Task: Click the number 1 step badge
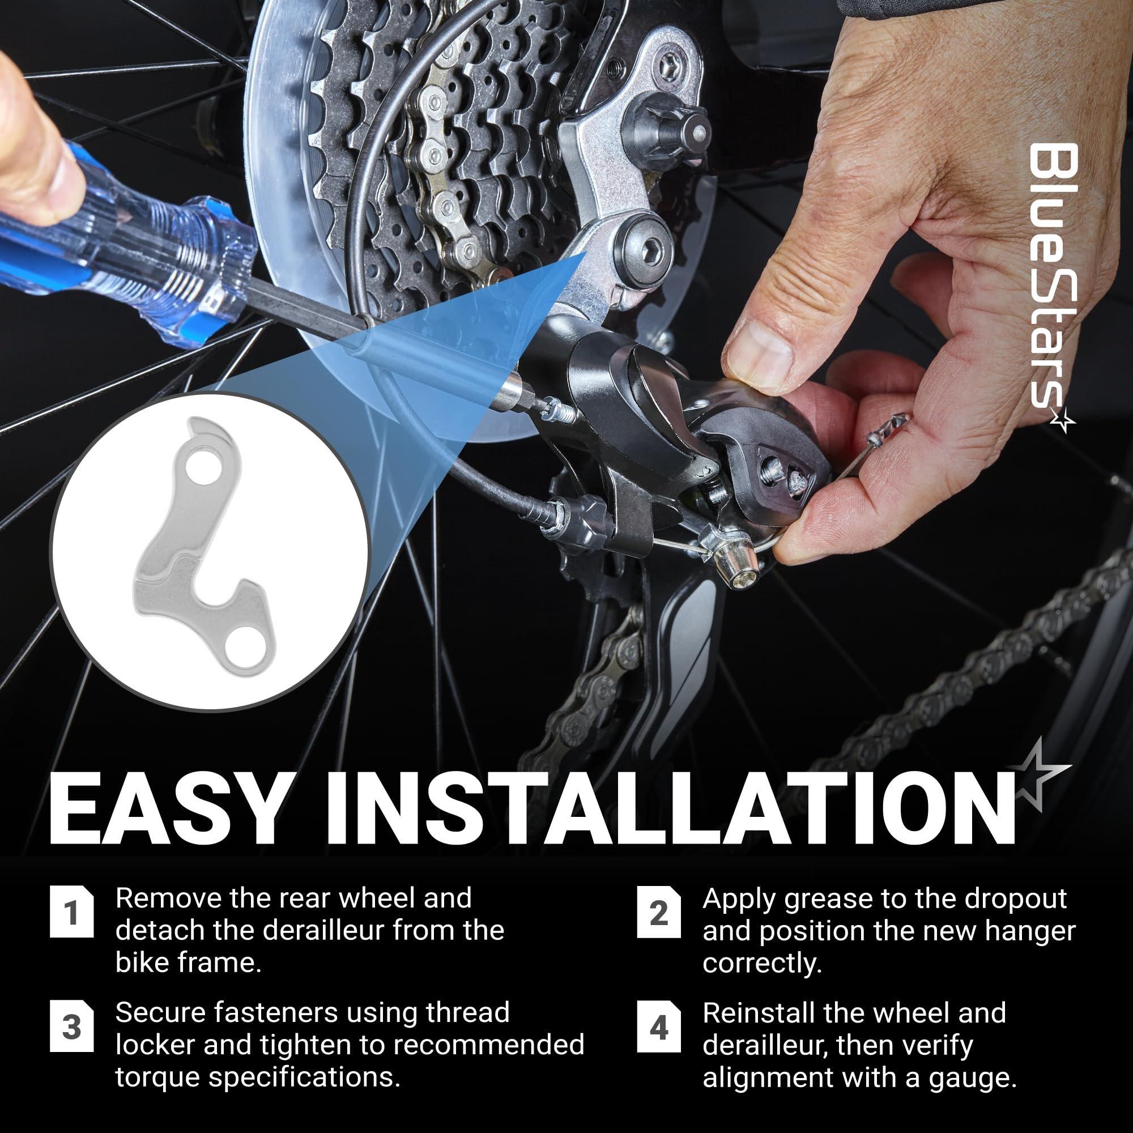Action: click(x=72, y=914)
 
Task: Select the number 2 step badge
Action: click(x=659, y=914)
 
